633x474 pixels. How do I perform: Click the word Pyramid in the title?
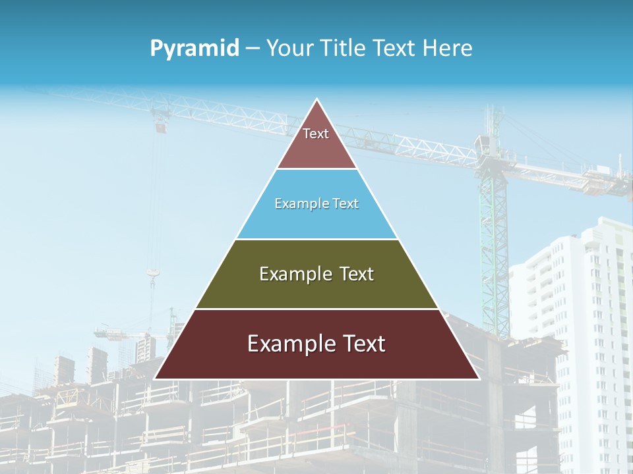tap(195, 48)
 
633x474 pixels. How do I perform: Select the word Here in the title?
tap(447, 48)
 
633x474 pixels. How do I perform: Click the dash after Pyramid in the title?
tap(253, 49)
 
